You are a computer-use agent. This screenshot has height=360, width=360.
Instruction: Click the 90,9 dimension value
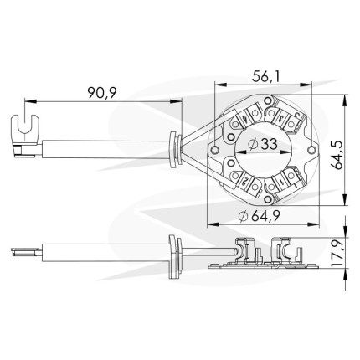pyautogui.click(x=102, y=93)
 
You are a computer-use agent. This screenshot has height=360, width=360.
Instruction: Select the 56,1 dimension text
pyautogui.click(x=266, y=76)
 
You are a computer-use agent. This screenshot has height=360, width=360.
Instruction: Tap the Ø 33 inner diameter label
pyautogui.click(x=263, y=144)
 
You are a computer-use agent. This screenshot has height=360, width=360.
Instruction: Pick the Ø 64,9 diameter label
pyautogui.click(x=260, y=216)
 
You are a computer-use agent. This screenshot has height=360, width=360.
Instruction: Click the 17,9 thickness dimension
pyautogui.click(x=337, y=252)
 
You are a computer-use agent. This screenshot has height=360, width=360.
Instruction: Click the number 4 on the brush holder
pyautogui.click(x=244, y=119)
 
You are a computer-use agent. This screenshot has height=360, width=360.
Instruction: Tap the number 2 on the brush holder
pyautogui.click(x=244, y=182)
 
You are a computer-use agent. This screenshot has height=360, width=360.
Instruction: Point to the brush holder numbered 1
pyautogui.click(x=282, y=181)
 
